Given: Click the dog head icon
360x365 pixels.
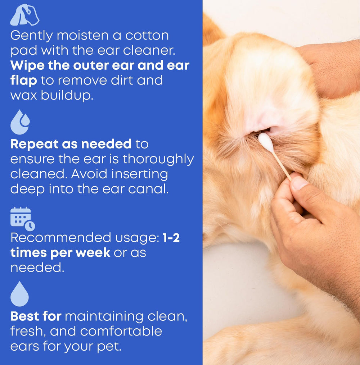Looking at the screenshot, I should pyautogui.click(x=24, y=15).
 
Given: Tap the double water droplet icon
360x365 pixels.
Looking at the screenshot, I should pyautogui.click(x=20, y=123).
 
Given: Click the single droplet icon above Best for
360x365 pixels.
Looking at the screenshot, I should pyautogui.click(x=19, y=294).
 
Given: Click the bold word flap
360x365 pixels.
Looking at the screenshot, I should pyautogui.click(x=23, y=81).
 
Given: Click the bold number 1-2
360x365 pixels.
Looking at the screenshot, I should pyautogui.click(x=171, y=238).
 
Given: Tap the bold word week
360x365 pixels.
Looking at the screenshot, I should pyautogui.click(x=93, y=252).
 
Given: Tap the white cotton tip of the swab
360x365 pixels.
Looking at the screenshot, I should pyautogui.click(x=266, y=142).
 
